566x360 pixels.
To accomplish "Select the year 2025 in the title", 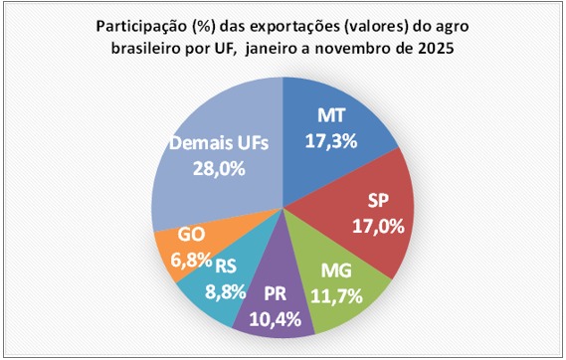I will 434,51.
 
